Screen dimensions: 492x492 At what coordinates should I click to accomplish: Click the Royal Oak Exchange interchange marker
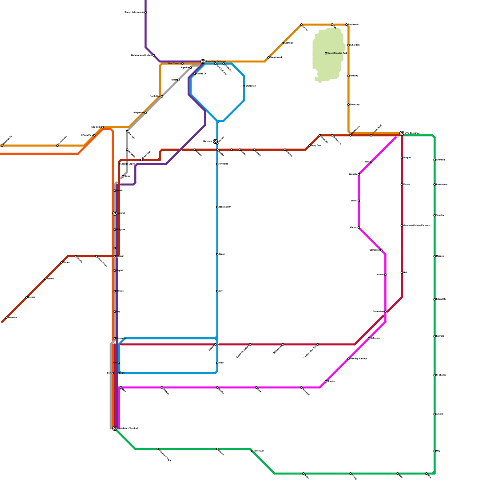(x=203, y=61)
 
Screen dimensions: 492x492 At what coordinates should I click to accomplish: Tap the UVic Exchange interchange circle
(x=402, y=133)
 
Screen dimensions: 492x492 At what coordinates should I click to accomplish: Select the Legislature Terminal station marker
(x=115, y=428)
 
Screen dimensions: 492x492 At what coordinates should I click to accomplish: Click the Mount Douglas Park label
(x=337, y=53)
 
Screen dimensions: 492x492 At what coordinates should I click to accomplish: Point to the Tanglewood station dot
(x=268, y=58)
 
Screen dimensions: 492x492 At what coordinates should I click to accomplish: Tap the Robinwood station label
(x=353, y=24)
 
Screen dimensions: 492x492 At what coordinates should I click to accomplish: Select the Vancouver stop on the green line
(x=252, y=451)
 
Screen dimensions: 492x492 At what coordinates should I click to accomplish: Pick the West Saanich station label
(x=174, y=63)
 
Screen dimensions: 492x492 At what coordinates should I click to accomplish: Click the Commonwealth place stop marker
(x=154, y=55)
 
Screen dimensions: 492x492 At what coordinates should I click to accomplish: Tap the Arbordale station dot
(x=348, y=45)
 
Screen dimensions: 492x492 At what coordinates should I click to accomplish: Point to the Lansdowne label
(x=442, y=184)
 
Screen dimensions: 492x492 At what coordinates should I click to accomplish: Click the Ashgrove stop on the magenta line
(x=369, y=338)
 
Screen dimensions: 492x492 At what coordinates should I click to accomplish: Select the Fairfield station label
(x=440, y=336)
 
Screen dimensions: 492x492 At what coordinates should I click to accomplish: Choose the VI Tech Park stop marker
(x=94, y=135)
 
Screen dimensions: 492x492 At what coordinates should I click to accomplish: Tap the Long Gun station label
(x=316, y=145)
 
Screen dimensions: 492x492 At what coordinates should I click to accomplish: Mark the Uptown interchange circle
(x=115, y=213)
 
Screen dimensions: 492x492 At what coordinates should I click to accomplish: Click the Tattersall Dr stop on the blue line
(x=217, y=207)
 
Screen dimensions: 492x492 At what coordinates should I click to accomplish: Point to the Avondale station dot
(x=434, y=160)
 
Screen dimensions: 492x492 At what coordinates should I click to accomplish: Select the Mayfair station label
(x=120, y=271)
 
